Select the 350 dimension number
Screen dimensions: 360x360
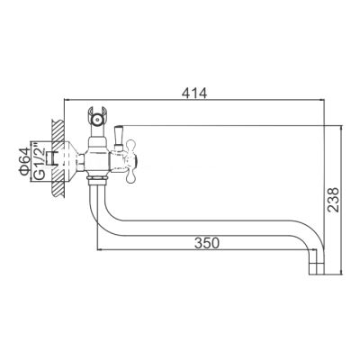tap(206, 242)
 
